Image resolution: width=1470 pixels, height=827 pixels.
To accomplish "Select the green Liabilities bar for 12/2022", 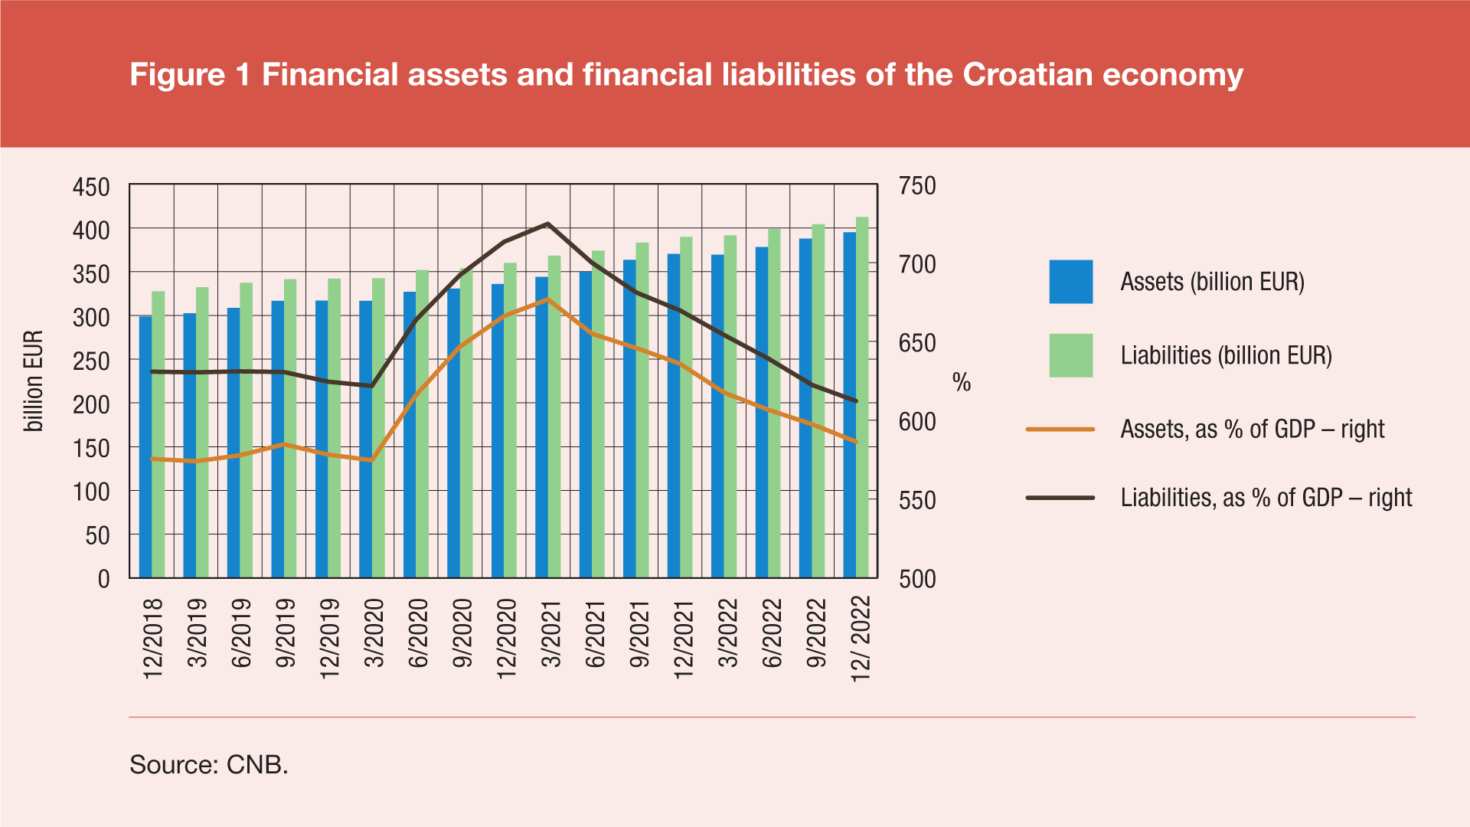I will coord(862,397).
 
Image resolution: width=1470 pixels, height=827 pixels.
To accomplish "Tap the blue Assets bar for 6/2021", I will coord(586,424).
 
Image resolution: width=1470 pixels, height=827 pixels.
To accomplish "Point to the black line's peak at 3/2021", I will coord(548,224).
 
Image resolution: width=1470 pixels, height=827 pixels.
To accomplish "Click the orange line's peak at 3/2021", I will coord(548,299).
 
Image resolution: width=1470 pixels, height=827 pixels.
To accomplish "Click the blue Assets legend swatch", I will coord(1070,282).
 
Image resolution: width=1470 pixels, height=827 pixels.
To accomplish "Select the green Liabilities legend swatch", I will coord(1070,355).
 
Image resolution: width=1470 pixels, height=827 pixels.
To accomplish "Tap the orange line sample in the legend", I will coord(1060,430).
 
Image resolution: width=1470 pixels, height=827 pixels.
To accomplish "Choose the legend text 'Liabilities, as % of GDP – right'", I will coord(1266,498).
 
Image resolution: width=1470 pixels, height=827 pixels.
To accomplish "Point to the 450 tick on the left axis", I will coord(91,187).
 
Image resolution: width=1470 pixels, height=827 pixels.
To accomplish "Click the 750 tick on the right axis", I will coord(917,186).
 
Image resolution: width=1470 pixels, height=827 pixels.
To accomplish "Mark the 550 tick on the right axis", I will coord(917,500).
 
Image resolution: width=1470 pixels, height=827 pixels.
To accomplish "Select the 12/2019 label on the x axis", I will coord(329,639).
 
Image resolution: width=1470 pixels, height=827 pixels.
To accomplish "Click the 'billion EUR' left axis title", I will coord(34,381).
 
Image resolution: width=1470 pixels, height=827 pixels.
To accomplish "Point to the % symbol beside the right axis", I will coord(962,382).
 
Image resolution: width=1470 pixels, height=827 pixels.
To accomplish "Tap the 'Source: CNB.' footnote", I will coord(209,764).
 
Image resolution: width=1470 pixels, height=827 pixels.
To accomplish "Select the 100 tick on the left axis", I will coord(91,492).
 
